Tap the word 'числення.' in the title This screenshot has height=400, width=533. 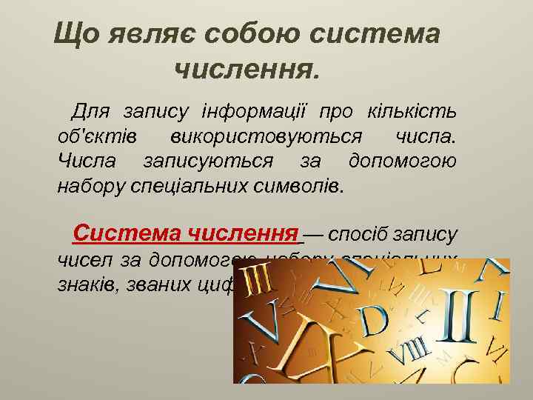point(248,70)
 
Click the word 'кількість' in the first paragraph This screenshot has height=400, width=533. point(412,112)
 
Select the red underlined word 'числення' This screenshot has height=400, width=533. point(239,234)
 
